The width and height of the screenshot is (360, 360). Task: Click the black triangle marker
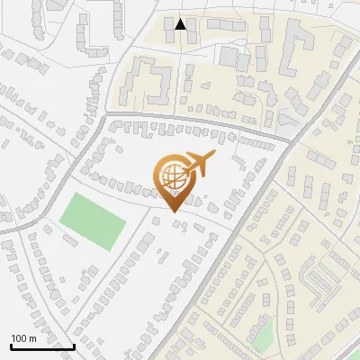tap(181, 24)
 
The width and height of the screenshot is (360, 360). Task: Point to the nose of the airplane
tap(214, 154)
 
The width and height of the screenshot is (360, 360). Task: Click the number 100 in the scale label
tap(19, 338)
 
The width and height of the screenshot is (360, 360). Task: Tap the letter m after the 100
tap(31, 338)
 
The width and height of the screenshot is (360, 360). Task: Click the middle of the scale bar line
tap(42, 346)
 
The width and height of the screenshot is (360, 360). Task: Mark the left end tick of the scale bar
tap(11, 346)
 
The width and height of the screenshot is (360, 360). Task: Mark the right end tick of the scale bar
tap(74, 346)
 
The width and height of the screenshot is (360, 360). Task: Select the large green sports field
tap(92, 221)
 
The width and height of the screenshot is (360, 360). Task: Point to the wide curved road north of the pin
tap(180, 120)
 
